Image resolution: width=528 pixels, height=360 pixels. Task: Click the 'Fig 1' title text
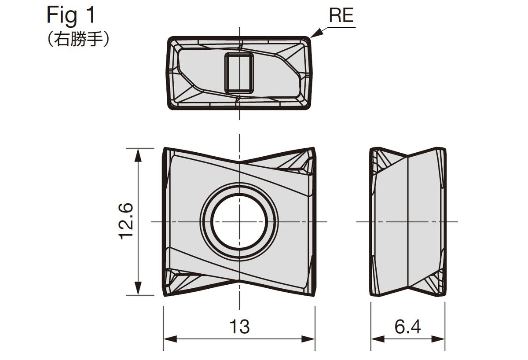[71, 15]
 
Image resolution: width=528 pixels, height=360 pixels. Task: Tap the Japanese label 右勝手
[78, 39]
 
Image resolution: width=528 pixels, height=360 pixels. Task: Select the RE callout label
[341, 15]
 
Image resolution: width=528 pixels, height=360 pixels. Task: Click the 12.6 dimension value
[126, 221]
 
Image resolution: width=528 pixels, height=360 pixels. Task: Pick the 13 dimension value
[239, 327]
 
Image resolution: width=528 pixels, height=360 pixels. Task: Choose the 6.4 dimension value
[407, 327]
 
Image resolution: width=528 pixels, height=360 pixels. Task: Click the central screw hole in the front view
[239, 222]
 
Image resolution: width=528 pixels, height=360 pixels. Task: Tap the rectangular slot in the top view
[239, 73]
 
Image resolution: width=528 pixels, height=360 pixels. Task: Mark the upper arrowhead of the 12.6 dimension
[138, 155]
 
